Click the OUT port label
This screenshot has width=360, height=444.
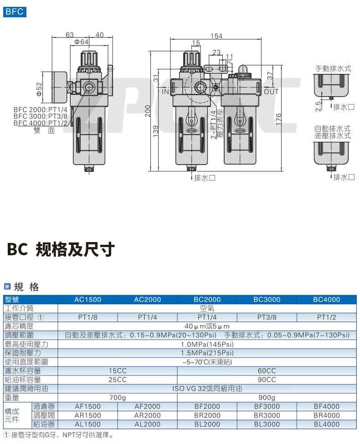(x=271, y=92)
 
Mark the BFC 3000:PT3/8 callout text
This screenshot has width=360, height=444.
(x=41, y=116)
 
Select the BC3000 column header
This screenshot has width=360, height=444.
(x=267, y=299)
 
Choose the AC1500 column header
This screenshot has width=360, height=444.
(x=88, y=299)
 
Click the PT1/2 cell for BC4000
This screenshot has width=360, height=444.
(x=326, y=317)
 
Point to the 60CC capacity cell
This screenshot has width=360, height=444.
(x=267, y=371)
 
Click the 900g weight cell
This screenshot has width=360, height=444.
(x=267, y=398)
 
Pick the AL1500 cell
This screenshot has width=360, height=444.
(x=88, y=424)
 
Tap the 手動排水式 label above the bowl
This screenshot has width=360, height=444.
(x=334, y=69)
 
